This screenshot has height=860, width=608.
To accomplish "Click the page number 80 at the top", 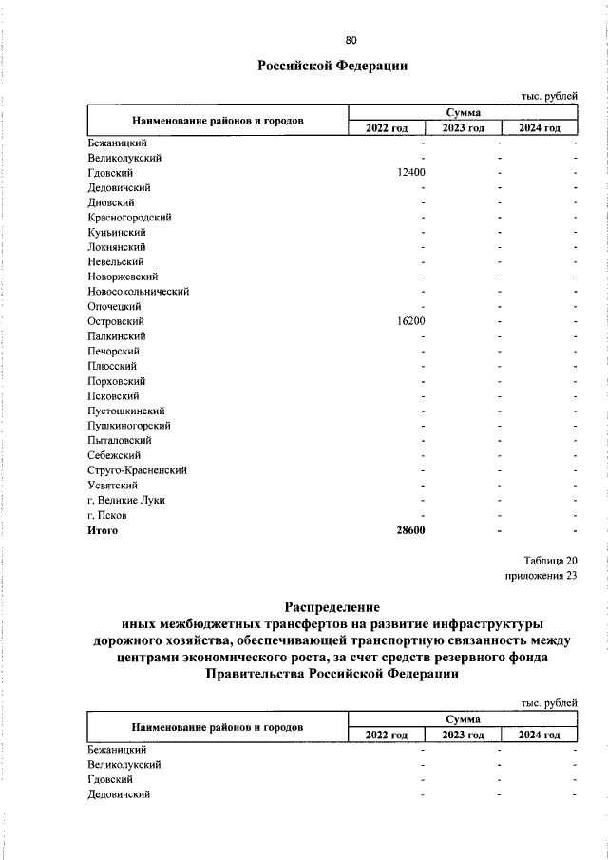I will click(x=351, y=40).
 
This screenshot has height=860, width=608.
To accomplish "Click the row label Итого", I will click(x=103, y=530).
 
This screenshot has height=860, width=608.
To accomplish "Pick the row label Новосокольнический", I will click(x=138, y=292).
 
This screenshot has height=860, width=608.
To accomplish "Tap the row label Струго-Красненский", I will click(x=136, y=470).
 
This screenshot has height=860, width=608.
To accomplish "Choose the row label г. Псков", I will click(x=106, y=515).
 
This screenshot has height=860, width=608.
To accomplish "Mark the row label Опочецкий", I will click(x=114, y=307).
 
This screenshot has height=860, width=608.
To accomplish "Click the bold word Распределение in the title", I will click(x=332, y=605).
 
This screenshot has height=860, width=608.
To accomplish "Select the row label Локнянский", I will click(x=115, y=247).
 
